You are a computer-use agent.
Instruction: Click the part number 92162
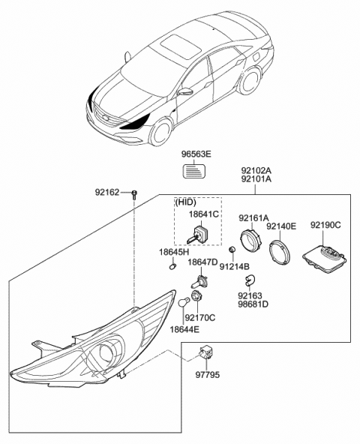tap(107, 192)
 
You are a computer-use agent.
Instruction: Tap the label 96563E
tap(197, 154)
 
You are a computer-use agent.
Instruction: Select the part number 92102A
tap(256, 170)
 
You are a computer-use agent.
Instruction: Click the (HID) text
tap(185, 202)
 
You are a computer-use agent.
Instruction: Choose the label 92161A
tap(253, 218)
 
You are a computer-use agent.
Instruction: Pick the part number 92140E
tap(283, 225)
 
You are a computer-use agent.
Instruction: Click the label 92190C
tap(325, 225)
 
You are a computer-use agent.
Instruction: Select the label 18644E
tap(184, 329)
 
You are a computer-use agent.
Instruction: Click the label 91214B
tap(235, 266)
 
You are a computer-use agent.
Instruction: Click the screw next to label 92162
tap(133, 194)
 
